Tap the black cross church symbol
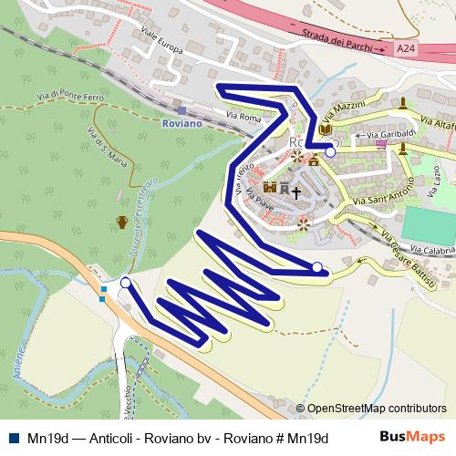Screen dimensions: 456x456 [296, 192]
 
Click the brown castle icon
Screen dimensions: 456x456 [270, 188]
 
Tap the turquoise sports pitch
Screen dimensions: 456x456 [430, 226]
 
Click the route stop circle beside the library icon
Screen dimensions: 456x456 [330, 152]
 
